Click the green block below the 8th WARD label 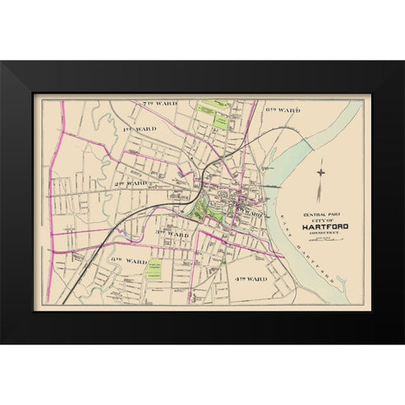tap(154, 269)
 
